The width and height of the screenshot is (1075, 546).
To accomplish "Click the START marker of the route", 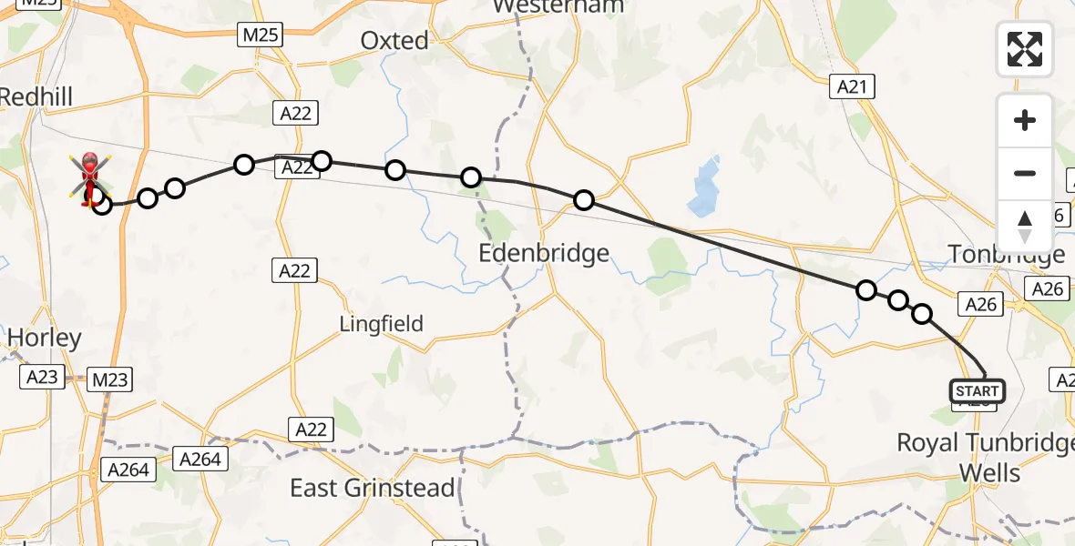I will click(978, 391).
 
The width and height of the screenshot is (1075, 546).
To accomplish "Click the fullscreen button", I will click(1025, 49).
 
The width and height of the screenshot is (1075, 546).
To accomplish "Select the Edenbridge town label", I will click(544, 253).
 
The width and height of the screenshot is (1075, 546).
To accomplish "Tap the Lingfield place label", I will click(382, 323).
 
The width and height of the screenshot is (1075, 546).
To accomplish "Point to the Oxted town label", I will click(394, 40).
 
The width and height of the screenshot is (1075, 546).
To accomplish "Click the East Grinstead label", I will click(372, 488).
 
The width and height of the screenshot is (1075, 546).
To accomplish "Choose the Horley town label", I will click(44, 338).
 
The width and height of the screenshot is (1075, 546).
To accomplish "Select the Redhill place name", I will click(36, 96).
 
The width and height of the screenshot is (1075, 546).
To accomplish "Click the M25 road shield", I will click(261, 35).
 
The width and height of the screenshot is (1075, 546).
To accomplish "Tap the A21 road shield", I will click(853, 87).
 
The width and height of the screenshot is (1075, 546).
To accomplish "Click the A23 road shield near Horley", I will click(42, 377).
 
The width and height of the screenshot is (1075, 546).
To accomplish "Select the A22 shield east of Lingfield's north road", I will click(293, 270).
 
